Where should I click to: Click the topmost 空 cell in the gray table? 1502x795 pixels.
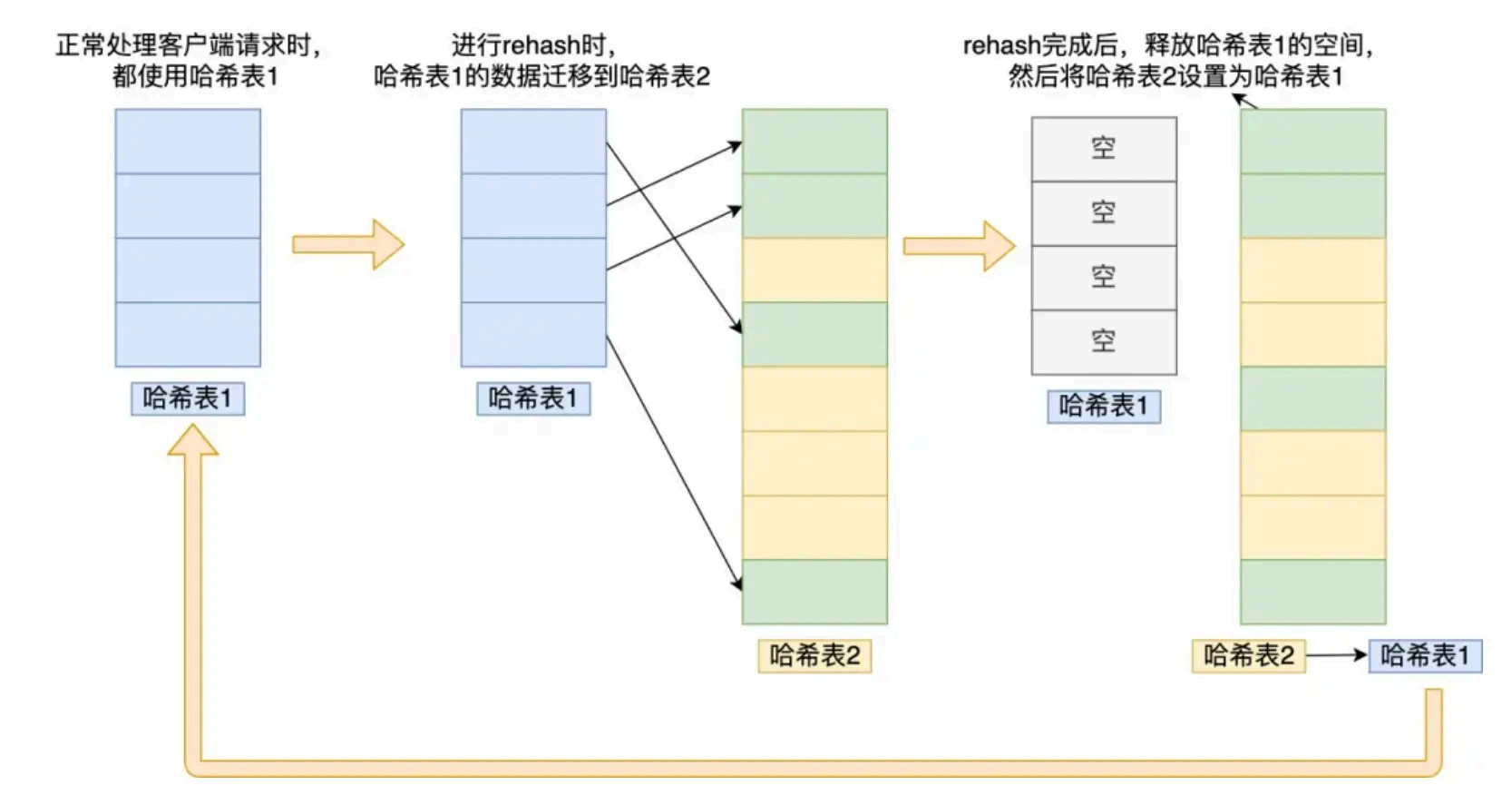1103,149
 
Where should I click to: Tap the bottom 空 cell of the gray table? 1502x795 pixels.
1103,342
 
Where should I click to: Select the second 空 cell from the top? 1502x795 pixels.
1103,213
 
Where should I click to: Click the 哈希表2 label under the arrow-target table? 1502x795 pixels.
814,655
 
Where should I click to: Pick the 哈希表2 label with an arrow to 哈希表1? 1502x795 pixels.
1248,655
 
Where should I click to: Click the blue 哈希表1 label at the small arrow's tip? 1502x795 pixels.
1424,655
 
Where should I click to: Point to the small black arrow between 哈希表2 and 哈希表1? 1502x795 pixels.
1336,655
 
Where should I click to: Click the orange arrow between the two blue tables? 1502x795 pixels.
347,244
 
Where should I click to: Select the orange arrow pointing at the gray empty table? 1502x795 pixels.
959,245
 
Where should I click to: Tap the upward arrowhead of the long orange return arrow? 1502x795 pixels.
192,441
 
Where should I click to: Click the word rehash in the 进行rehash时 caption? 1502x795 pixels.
541,44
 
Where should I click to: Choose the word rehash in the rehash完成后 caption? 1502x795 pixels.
1001,44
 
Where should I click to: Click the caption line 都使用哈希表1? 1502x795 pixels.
194,76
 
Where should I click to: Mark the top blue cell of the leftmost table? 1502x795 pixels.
188,142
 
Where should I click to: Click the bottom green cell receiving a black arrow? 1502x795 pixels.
814,592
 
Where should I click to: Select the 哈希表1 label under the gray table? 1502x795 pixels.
1104,407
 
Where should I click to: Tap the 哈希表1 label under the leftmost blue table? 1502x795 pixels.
188,398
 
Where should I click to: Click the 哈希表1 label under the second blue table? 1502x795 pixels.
533,398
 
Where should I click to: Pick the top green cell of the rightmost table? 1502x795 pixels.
1312,142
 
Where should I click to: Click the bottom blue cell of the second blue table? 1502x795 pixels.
533,335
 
